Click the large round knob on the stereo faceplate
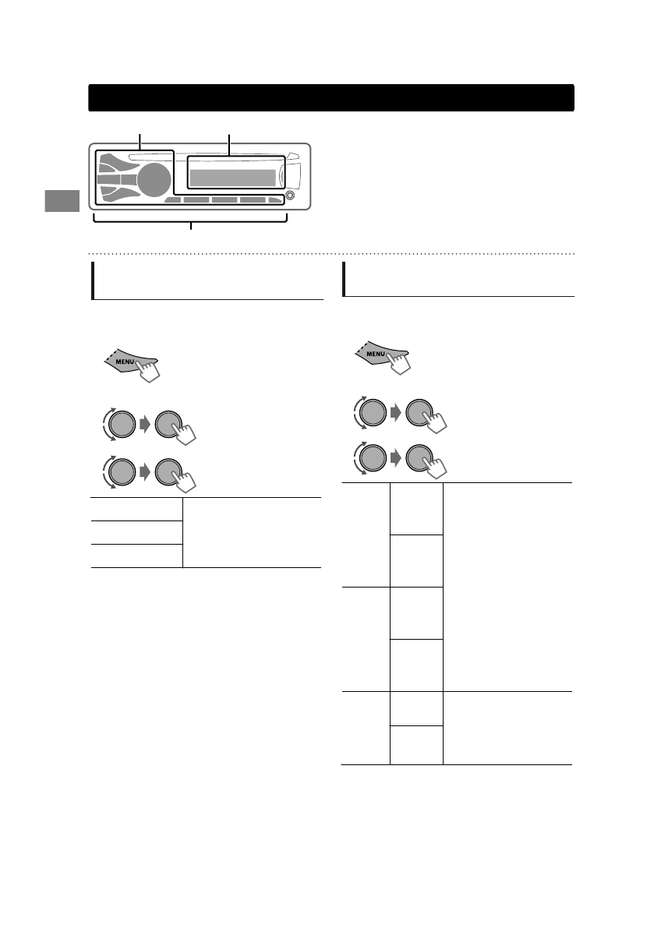(x=155, y=179)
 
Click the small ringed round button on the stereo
(x=291, y=195)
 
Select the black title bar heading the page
(x=331, y=98)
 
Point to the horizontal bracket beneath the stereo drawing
(x=191, y=222)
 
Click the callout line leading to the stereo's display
(x=229, y=145)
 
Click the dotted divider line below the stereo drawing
(x=331, y=253)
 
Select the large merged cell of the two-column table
(x=252, y=532)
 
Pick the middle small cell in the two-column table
(x=136, y=532)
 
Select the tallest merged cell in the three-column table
(x=507, y=586)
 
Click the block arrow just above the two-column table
(x=144, y=471)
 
